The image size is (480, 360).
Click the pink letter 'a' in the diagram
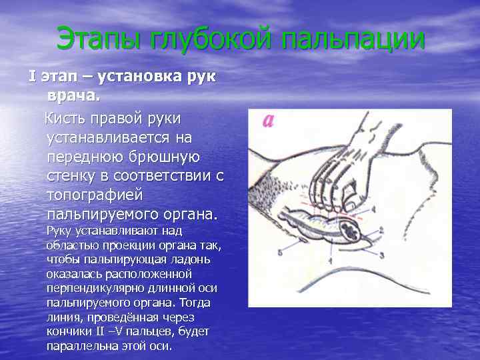(268, 121)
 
